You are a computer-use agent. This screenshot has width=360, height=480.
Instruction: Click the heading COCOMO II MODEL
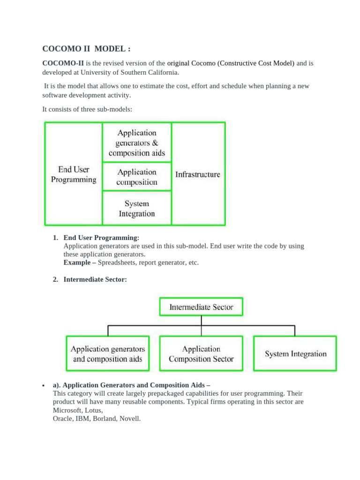(85, 49)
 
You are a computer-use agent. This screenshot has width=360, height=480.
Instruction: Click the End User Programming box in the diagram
(74, 174)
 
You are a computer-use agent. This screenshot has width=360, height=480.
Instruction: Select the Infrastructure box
(198, 174)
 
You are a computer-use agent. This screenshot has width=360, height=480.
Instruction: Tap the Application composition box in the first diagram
(137, 177)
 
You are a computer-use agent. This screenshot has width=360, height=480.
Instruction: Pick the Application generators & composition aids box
(137, 143)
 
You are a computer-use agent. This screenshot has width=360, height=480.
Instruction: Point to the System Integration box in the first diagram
(137, 209)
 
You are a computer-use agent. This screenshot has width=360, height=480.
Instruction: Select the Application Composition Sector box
(201, 354)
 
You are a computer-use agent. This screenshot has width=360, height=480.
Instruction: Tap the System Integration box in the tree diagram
(295, 354)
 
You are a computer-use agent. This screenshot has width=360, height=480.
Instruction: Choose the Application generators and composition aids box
(108, 354)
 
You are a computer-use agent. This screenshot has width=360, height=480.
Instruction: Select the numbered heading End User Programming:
(101, 238)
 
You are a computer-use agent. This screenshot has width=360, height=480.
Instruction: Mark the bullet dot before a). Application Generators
(43, 386)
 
